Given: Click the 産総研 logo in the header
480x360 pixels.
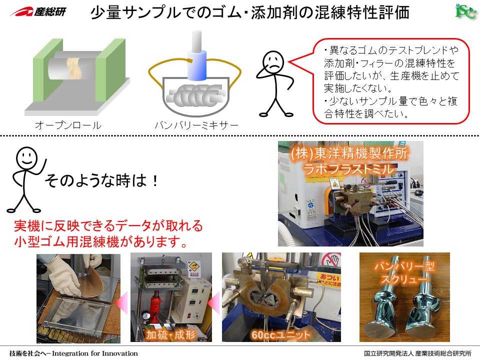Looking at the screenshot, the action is [38, 12].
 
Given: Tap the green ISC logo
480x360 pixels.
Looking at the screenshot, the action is [466, 11].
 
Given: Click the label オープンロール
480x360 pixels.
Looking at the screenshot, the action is [68, 125].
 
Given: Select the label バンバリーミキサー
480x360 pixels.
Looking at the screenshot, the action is [196, 125].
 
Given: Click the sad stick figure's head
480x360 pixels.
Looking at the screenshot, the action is [273, 62].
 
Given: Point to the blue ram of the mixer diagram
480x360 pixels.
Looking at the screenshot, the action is [197, 64].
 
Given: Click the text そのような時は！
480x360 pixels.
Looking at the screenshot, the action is [102, 180].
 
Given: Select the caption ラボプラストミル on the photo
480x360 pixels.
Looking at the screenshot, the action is [348, 169].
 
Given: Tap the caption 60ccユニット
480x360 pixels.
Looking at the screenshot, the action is [280, 335].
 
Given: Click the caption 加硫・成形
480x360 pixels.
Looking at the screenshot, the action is [170, 334].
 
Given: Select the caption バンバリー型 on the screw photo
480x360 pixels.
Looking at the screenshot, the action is [404, 266].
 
